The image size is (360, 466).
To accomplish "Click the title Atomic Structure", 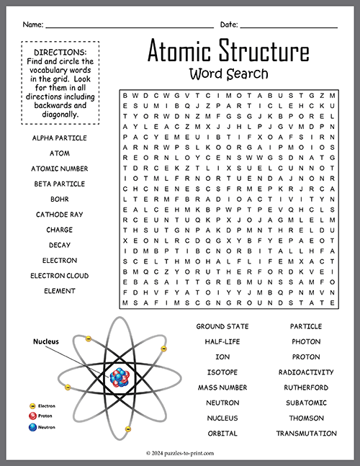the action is click(228, 53).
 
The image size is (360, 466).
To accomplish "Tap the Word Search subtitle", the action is click(228, 73).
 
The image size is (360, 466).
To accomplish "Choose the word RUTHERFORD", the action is click(306, 387).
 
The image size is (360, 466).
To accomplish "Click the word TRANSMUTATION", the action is click(306, 434).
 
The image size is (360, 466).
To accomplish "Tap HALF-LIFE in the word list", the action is click(222, 341).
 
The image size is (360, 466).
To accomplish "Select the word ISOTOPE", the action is click(222, 372).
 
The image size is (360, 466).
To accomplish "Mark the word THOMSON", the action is click(306, 418).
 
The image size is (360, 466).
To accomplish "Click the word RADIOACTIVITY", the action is click(306, 372).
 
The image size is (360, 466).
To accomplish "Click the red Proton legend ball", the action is click(32, 416).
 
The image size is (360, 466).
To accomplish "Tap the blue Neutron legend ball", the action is click(32, 427).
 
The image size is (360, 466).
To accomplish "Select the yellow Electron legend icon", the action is click(32, 406).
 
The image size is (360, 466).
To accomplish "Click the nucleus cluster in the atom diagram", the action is click(118, 375).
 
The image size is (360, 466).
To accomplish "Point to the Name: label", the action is click(32, 24).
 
